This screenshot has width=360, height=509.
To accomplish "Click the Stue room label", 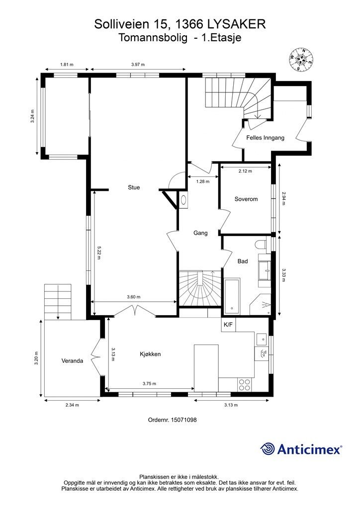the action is (x=134, y=187).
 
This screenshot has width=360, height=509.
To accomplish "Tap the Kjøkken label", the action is (x=150, y=354).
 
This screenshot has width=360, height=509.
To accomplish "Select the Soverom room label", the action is (x=246, y=199).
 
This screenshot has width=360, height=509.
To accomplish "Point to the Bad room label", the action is (x=243, y=261).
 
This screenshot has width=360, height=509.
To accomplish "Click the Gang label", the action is (x=200, y=233).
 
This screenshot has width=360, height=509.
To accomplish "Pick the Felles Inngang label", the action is (x=265, y=138).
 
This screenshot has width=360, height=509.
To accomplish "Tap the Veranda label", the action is (x=72, y=361).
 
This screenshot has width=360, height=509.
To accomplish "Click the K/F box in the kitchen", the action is (x=229, y=325).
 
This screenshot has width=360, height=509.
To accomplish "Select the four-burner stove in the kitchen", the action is (x=244, y=385).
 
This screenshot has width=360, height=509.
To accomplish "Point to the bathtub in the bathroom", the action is (x=232, y=296).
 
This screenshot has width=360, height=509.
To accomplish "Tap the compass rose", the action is (x=301, y=60).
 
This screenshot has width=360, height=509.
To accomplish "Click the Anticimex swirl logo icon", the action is (x=267, y=449).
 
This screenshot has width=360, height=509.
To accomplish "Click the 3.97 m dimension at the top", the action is (x=138, y=64).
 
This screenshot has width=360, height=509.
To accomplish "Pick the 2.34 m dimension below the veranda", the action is (x=72, y=405).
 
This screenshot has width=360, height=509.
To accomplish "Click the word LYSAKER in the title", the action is (x=236, y=24).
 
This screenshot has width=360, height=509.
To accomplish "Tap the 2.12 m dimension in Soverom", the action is (x=246, y=171).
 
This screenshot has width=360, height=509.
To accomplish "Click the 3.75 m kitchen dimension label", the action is (x=149, y=383).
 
